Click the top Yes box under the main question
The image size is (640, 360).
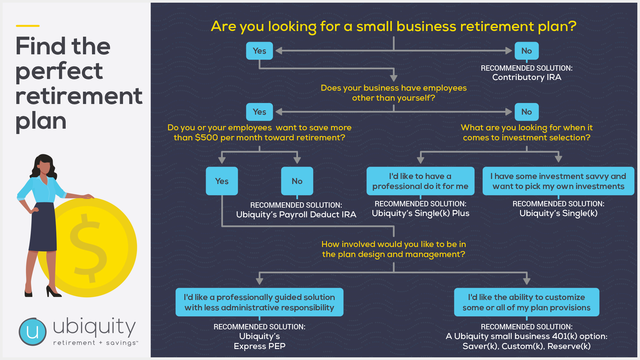click(259, 51)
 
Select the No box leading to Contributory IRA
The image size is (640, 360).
click(527, 51)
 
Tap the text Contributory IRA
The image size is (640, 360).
click(527, 77)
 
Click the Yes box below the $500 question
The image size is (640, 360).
click(222, 181)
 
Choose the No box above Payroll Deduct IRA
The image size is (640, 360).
click(297, 181)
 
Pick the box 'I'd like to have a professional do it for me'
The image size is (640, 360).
click(420, 181)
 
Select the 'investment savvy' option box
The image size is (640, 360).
click(558, 181)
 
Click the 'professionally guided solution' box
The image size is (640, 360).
click(259, 302)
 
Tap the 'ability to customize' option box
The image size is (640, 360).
click(527, 302)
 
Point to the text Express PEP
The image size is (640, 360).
click(259, 346)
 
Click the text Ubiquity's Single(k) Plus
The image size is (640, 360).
click(420, 213)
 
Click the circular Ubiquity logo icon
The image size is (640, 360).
click(33, 332)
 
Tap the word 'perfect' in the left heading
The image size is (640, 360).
click(59, 71)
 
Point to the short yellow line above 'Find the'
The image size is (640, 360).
click(28, 26)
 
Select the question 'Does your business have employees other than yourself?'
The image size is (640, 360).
click(394, 93)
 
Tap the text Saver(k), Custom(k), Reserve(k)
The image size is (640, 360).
click(527, 346)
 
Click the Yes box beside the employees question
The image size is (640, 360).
click(259, 112)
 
